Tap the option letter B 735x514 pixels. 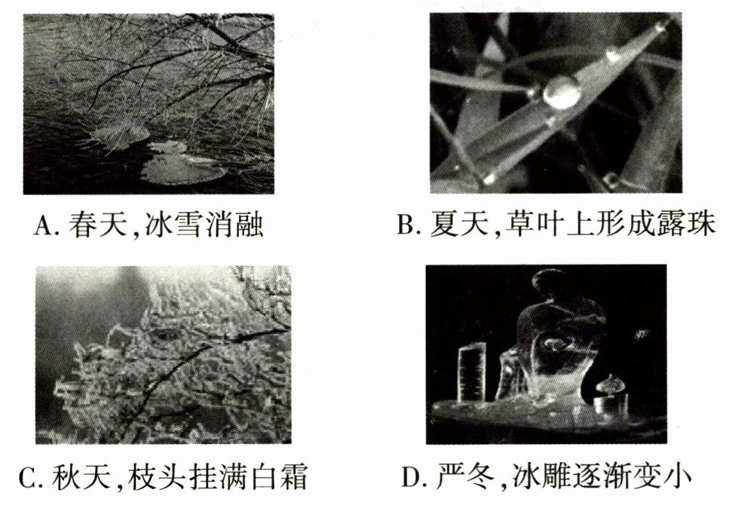[x=405, y=225]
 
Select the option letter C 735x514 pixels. [x=29, y=478]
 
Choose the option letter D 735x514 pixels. [x=412, y=478]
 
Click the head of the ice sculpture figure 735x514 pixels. [x=553, y=284]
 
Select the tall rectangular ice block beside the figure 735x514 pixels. [x=473, y=372]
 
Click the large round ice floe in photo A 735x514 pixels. [x=183, y=169]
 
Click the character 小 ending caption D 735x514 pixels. [x=678, y=477]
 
